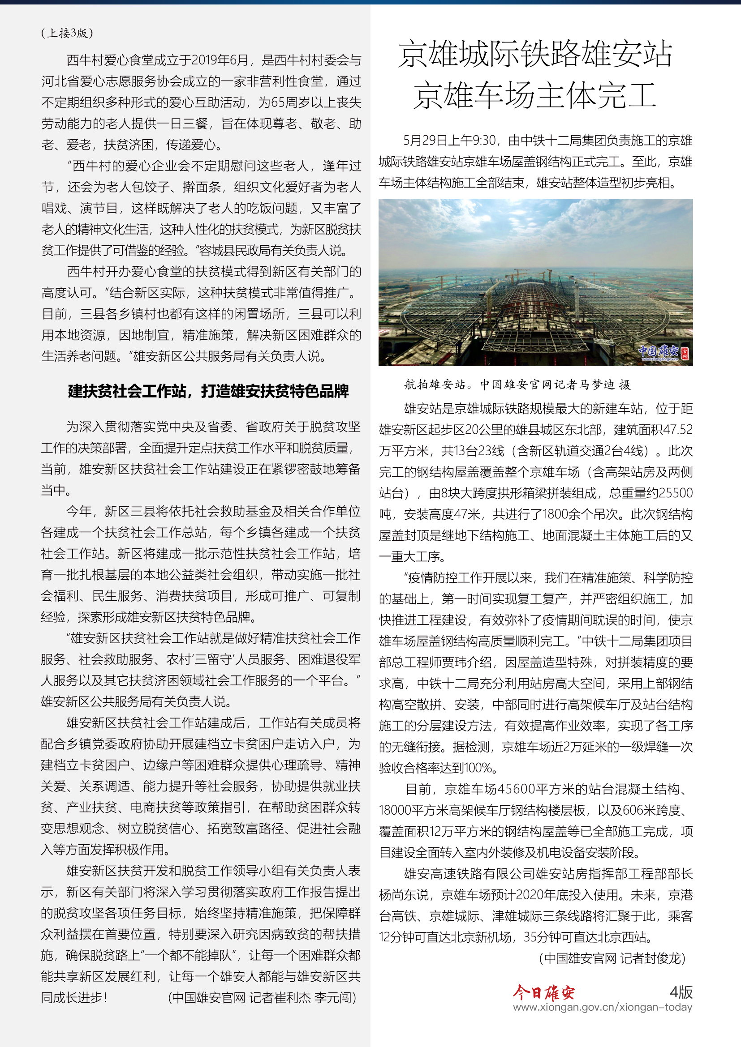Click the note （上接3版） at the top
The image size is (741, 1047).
pyautogui.click(x=67, y=33)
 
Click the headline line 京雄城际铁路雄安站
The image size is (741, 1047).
pyautogui.click(x=535, y=54)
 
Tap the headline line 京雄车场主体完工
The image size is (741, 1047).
pyautogui.click(x=535, y=95)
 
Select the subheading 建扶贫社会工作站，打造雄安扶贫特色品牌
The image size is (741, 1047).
pyautogui.click(x=208, y=391)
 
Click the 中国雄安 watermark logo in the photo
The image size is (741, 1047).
pyautogui.click(x=663, y=351)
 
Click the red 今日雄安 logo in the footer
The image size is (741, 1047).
pyautogui.click(x=543, y=992)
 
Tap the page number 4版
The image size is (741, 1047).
pyautogui.click(x=681, y=992)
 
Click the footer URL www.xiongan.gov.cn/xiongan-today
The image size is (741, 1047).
pyautogui.click(x=602, y=1007)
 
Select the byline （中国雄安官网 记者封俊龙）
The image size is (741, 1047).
pyautogui.click(x=612, y=958)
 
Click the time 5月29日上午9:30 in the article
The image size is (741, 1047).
pyautogui.click(x=449, y=141)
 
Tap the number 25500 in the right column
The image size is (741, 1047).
pyautogui.click(x=673, y=493)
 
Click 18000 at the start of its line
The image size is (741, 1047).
pyautogui.click(x=396, y=810)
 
